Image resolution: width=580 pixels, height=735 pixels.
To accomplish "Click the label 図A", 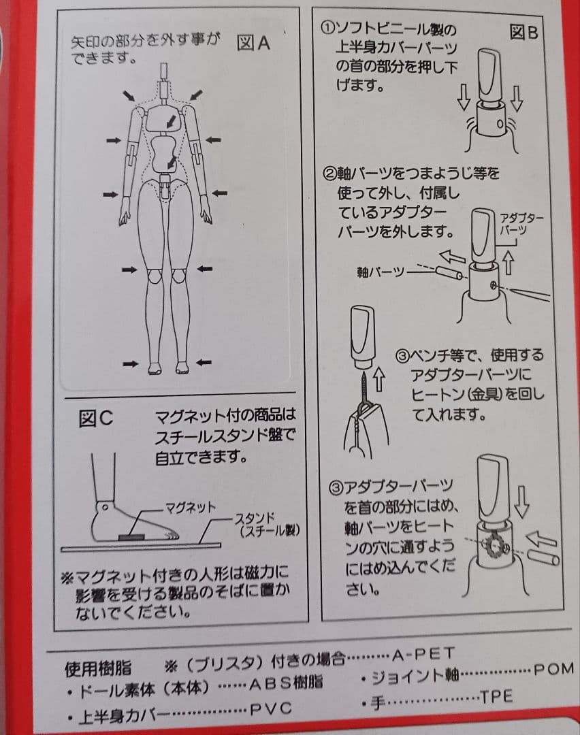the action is pyautogui.click(x=253, y=43).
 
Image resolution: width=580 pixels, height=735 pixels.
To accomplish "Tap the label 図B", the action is pyautogui.click(x=523, y=33).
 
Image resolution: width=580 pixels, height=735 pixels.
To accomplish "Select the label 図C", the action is pyautogui.click(x=96, y=418).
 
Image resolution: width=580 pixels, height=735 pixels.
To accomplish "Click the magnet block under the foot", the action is pyautogui.click(x=132, y=537).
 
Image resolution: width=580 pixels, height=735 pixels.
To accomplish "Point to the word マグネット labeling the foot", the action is pyautogui.click(x=191, y=507).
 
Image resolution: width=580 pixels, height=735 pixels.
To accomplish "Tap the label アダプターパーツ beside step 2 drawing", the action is pyautogui.click(x=521, y=224).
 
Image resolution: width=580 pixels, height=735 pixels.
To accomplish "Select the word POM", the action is pyautogui.click(x=553, y=669).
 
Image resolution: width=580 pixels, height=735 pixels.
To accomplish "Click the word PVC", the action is pyautogui.click(x=271, y=708).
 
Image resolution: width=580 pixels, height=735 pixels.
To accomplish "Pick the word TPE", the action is pyautogui.click(x=496, y=697).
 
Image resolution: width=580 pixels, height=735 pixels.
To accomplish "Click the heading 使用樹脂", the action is pyautogui.click(x=97, y=668).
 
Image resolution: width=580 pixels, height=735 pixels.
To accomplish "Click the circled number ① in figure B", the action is pyautogui.click(x=327, y=28).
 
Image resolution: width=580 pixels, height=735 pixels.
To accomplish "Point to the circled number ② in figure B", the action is pyautogui.click(x=330, y=174).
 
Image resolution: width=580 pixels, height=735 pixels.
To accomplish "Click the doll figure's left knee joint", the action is pyautogui.click(x=153, y=276).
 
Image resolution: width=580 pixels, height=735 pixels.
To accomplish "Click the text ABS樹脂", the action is pyautogui.click(x=285, y=683).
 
